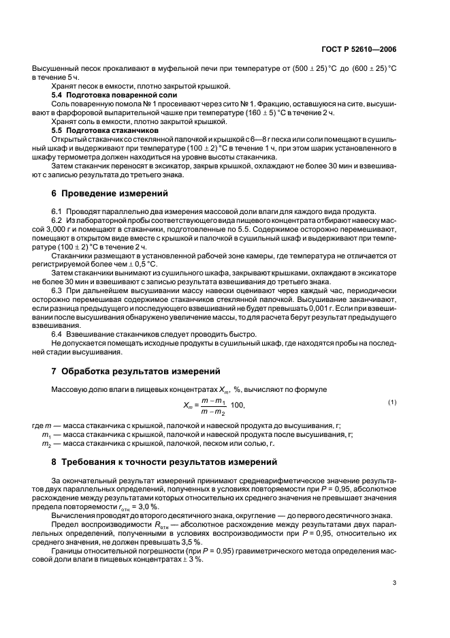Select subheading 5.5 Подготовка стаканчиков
click(106, 129)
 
